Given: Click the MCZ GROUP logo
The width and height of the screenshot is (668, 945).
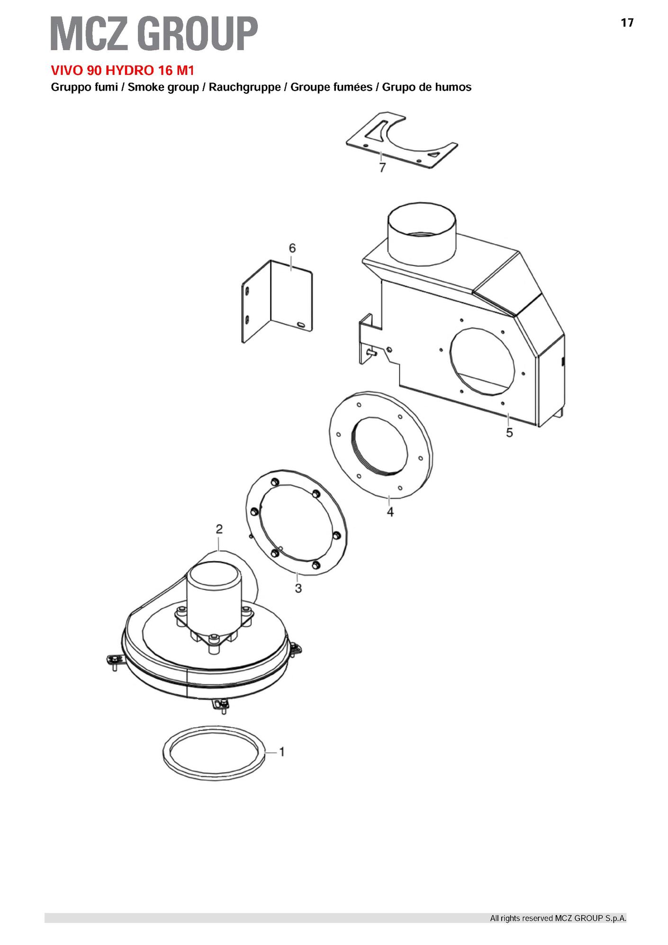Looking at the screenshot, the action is [x=154, y=33].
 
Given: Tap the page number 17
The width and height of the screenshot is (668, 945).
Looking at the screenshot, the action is [x=627, y=23].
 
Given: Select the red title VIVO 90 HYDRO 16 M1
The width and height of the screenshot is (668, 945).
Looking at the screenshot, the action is [x=123, y=71].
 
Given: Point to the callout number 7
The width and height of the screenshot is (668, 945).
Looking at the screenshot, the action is [x=382, y=167].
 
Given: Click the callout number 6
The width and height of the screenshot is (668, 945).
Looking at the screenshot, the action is [x=292, y=248].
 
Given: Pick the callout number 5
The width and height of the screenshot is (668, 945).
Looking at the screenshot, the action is [x=509, y=432].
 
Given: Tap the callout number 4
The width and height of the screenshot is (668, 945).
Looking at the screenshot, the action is [x=390, y=512].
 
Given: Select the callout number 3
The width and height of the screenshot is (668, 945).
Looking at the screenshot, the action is [x=298, y=588].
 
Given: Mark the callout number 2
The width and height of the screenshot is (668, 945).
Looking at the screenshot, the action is [x=219, y=529].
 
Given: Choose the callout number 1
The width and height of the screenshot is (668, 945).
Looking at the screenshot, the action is [x=282, y=752].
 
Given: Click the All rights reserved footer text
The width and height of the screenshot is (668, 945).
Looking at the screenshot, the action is [x=558, y=918].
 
